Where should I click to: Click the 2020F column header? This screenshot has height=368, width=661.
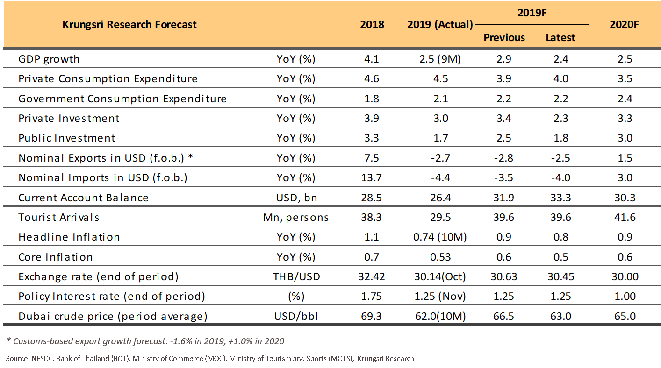pyautogui.click(x=624, y=24)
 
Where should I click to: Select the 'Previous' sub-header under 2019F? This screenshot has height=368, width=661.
pyautogui.click(x=504, y=37)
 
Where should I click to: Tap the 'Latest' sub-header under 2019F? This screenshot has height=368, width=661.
pyautogui.click(x=560, y=37)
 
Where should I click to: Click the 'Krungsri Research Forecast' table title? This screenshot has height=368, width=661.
pyautogui.click(x=129, y=24)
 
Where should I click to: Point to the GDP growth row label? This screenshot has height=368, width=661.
pyautogui.click(x=49, y=59)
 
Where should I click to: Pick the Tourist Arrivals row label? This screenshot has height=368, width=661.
pyautogui.click(x=59, y=217)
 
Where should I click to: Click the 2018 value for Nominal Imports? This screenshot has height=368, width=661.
pyautogui.click(x=371, y=177)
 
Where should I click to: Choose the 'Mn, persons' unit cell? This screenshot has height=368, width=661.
pyautogui.click(x=296, y=217)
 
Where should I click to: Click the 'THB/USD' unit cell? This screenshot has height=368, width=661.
pyautogui.click(x=296, y=276)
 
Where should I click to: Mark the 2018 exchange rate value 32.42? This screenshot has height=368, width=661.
pyautogui.click(x=371, y=276)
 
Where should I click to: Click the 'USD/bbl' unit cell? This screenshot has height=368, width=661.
pyautogui.click(x=296, y=316)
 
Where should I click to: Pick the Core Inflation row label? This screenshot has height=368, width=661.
pyautogui.click(x=56, y=257)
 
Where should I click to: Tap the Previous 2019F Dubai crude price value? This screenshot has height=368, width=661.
pyautogui.click(x=503, y=316)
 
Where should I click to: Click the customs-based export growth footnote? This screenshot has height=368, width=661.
pyautogui.click(x=145, y=341)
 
